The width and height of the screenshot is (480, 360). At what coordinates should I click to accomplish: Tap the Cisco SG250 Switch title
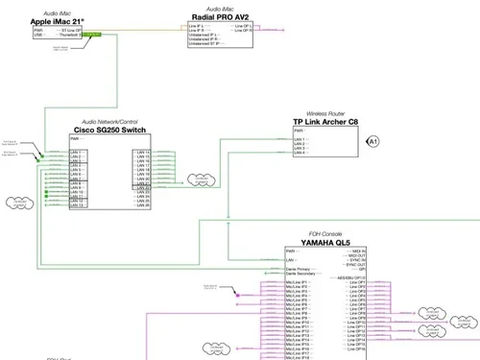pyautogui.click(x=109, y=130)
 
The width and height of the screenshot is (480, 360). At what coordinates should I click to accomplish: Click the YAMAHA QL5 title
pyautogui.click(x=325, y=242)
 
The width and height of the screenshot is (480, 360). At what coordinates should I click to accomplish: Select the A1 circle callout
pyautogui.click(x=374, y=141)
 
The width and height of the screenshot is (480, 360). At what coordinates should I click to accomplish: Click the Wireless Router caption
pyautogui.click(x=325, y=112)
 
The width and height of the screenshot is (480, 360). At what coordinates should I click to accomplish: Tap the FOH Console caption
pyautogui.click(x=325, y=233)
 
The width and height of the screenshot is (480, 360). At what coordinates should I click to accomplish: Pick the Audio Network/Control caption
pyautogui.click(x=109, y=121)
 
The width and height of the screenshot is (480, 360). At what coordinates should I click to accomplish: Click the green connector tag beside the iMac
pyautogui.click(x=92, y=35)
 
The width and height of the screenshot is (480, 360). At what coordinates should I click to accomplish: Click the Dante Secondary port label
pyautogui.click(x=301, y=273)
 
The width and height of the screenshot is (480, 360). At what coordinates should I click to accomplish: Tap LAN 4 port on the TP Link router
pyautogui.click(x=300, y=154)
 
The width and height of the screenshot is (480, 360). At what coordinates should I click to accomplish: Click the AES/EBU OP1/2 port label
pyautogui.click(x=351, y=276)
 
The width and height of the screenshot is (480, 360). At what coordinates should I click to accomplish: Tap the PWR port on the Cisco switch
pyautogui.click(x=75, y=139)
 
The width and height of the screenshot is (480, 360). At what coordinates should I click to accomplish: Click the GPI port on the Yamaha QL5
pyautogui.click(x=361, y=270)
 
